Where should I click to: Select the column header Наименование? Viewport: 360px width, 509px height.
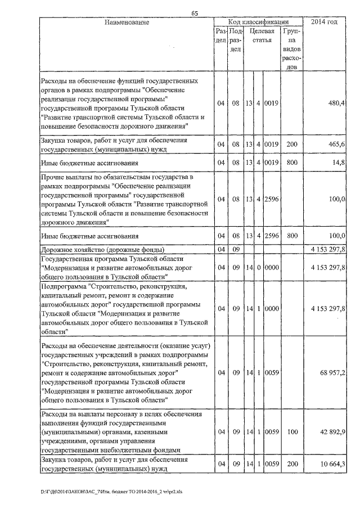[127, 22]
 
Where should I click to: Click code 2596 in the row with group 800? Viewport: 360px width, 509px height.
[272, 236]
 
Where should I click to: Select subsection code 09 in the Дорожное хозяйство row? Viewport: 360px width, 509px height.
[236, 249]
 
